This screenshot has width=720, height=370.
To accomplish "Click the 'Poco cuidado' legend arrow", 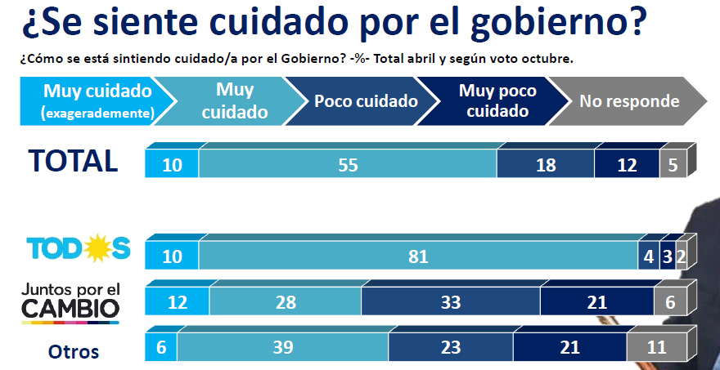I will point(366,101).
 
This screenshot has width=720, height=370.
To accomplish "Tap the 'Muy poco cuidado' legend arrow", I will point(496,101).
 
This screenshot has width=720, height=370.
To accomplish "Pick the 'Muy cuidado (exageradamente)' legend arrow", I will point(97,101).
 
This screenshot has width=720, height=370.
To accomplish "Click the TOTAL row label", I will point(74,161).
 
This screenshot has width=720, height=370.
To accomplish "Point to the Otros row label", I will point(74,352).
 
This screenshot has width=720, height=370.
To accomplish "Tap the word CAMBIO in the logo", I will point(70,309).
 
